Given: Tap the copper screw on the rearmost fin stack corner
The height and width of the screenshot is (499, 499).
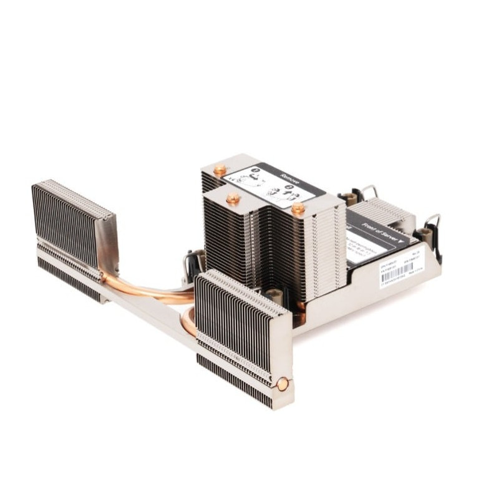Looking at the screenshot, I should pos(220,169).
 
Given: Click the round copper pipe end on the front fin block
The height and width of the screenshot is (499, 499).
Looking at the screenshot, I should pos(283,384).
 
